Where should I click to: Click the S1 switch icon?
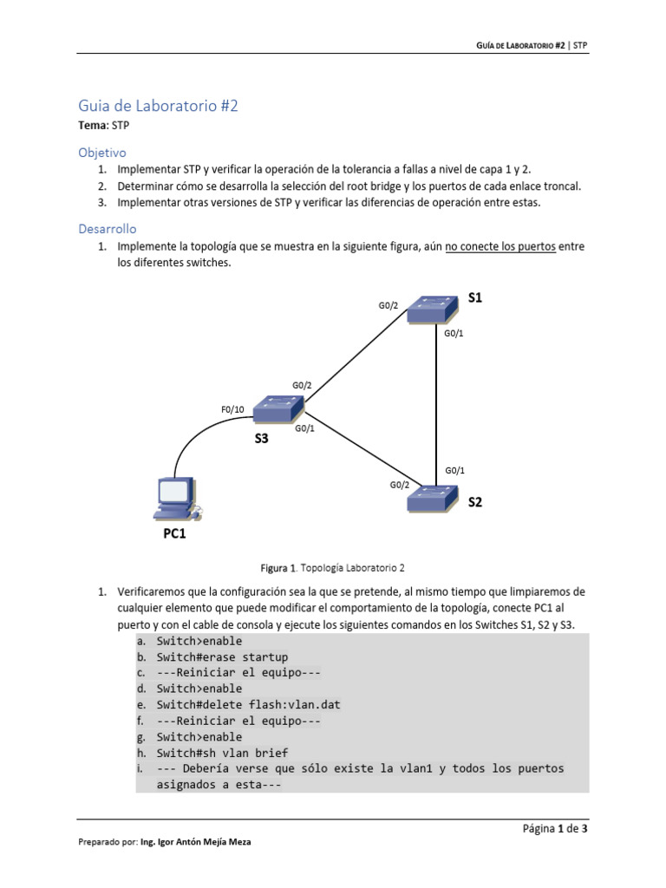pos(434,309)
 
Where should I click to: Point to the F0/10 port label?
pos(233,409)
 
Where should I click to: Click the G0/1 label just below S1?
pos(454,334)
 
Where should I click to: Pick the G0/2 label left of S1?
pos(388,305)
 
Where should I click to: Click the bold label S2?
pos(475,502)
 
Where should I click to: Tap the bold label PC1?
pos(174,534)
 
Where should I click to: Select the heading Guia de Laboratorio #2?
pos(158,106)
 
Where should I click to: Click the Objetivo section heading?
pos(102,152)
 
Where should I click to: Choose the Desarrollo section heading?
pos(108,228)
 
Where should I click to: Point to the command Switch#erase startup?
pos(222,657)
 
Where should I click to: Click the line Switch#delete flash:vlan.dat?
pos(249,705)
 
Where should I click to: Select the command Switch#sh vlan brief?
pos(222,753)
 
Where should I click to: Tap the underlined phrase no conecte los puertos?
pos(500,246)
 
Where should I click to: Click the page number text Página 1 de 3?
pos(555,829)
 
